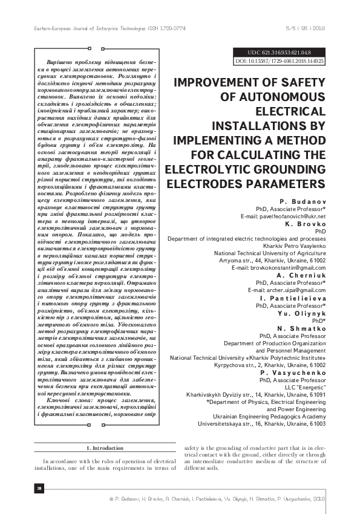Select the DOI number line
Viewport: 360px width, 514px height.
pos(279,61)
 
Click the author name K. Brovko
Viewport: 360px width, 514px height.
pos(307,224)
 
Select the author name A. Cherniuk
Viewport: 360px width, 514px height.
pos(302,274)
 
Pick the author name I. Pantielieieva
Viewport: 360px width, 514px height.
pos(293,298)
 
